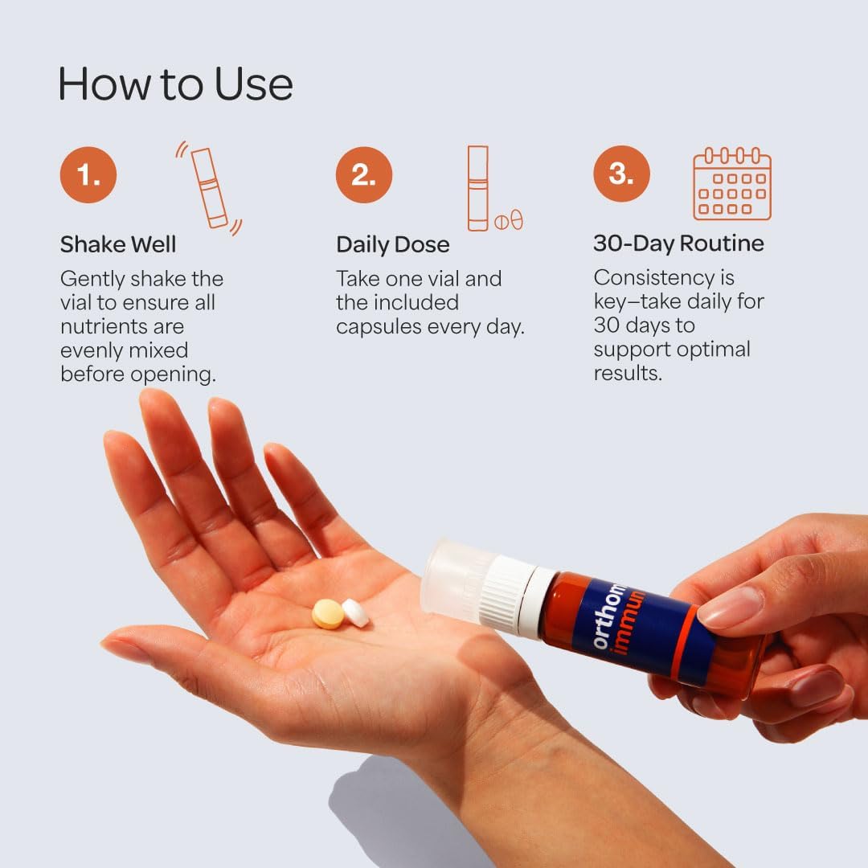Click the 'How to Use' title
[x=175, y=84]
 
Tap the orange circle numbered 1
[x=88, y=174]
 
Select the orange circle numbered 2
[x=364, y=174]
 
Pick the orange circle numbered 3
[x=621, y=174]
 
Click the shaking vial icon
[x=209, y=187]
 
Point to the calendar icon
[x=732, y=184]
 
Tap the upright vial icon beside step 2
[x=477, y=188]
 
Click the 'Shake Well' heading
[x=118, y=244]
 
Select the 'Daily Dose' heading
[x=392, y=244]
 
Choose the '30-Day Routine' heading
[x=678, y=244]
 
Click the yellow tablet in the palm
[x=328, y=614]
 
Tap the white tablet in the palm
[x=355, y=612]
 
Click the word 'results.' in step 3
[x=628, y=373]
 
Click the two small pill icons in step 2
[x=509, y=220]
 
